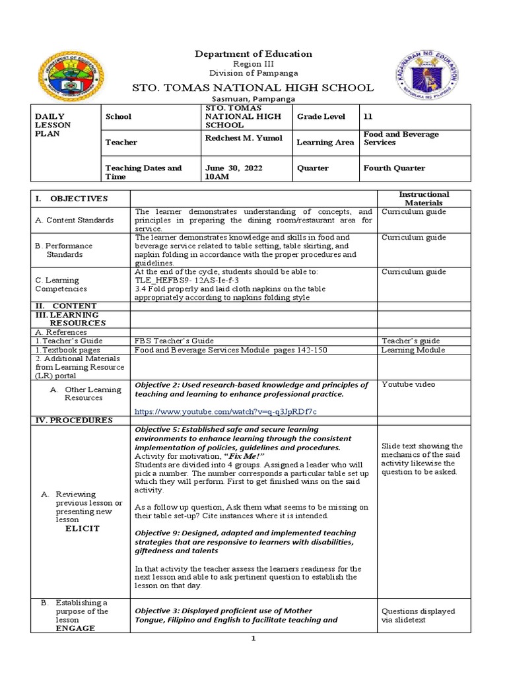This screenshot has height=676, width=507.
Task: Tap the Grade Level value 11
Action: pos(368,116)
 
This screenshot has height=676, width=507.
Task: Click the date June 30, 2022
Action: pos(234,168)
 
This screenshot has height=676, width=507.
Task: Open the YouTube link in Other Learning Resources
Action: pos(225,411)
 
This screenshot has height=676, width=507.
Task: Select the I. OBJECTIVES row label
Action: pos(72,199)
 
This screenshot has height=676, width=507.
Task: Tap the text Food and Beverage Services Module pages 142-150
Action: pos(230,350)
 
